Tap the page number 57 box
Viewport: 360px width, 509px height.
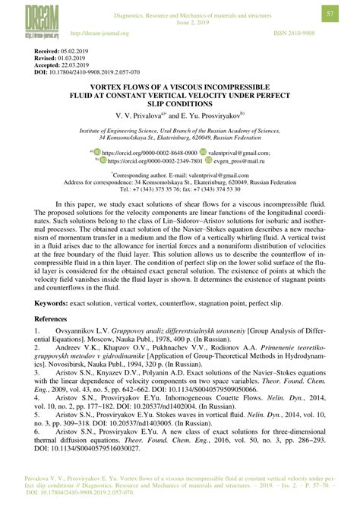coord(331,14)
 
